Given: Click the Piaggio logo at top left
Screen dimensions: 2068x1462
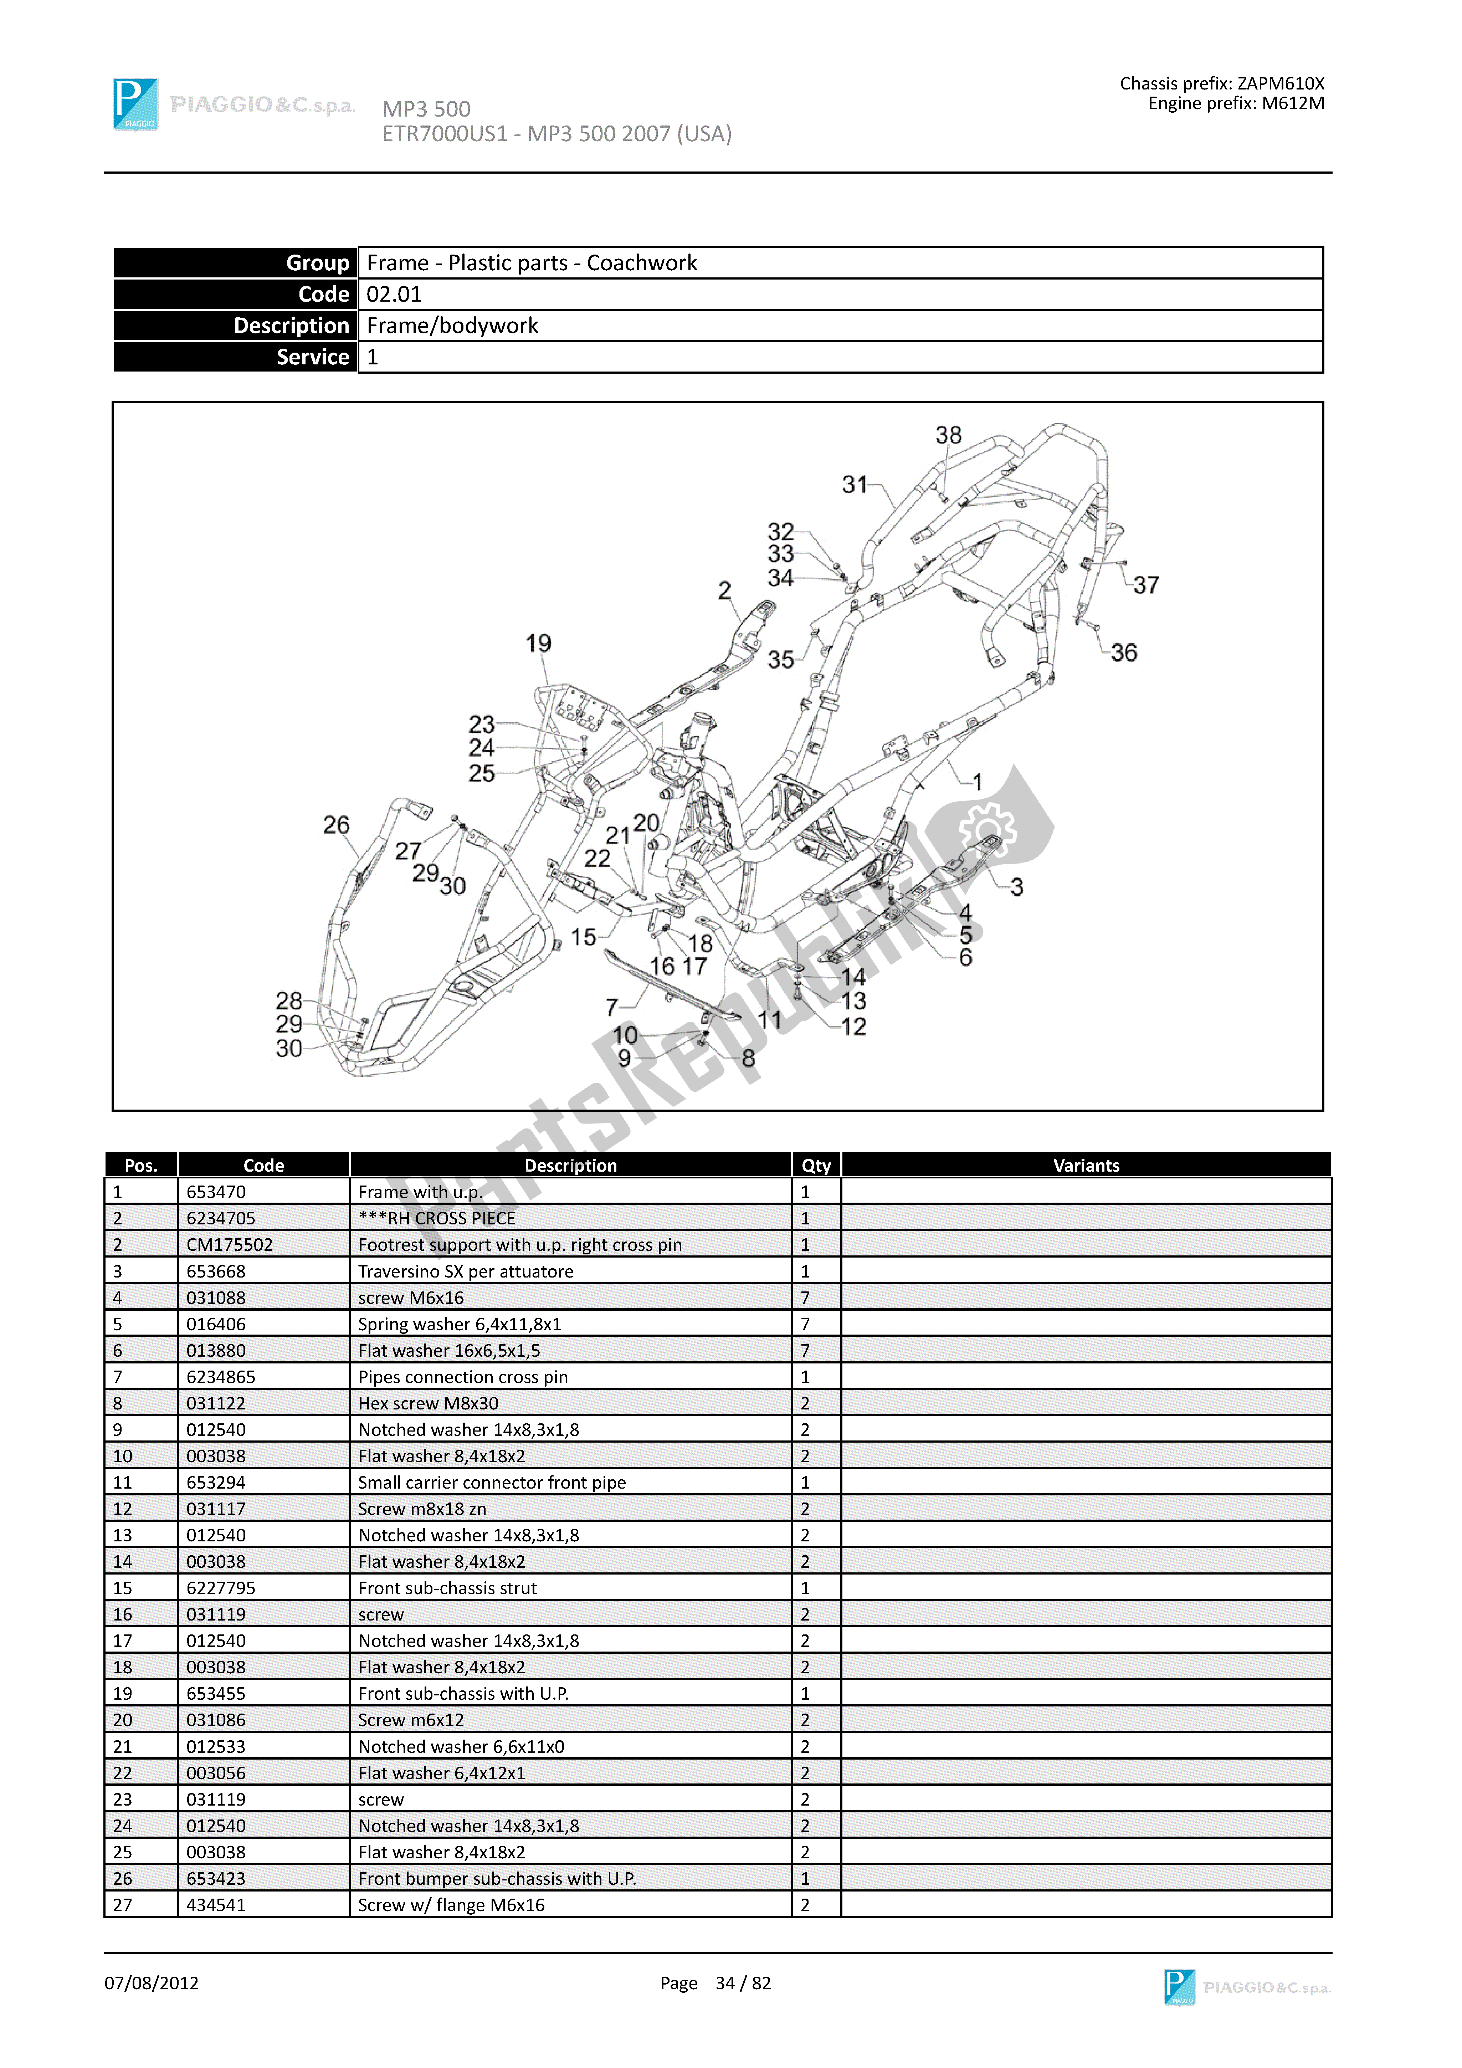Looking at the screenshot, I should pos(136,104).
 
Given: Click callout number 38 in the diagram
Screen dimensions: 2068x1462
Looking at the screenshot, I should pos(949,436).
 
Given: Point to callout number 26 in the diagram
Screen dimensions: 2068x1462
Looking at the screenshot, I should pos(336,825).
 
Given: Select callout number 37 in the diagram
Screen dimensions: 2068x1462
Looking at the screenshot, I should pos(1146,585).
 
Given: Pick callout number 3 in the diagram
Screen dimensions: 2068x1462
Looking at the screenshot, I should pos(1016,887).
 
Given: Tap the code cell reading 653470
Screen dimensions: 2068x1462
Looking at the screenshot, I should pos(216,1192).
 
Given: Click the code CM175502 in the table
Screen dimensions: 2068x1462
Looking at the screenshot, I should pos(229,1245).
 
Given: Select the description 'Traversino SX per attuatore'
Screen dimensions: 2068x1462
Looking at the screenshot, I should pos(466,1271).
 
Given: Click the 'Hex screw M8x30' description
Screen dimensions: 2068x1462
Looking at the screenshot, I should pos(428,1403).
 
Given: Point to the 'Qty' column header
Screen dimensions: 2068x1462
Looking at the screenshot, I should pos(816,1166).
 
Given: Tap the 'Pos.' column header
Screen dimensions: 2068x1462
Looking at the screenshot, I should pos(142,1166).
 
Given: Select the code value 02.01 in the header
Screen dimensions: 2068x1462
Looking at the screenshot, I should pos(394,295).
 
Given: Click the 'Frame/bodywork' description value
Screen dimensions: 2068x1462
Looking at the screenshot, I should pos(452,326).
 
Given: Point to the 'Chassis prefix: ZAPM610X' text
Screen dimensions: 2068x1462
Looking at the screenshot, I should pos(1221,84).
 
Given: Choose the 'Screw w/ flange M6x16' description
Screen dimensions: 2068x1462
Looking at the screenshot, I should pos(451,1905).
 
